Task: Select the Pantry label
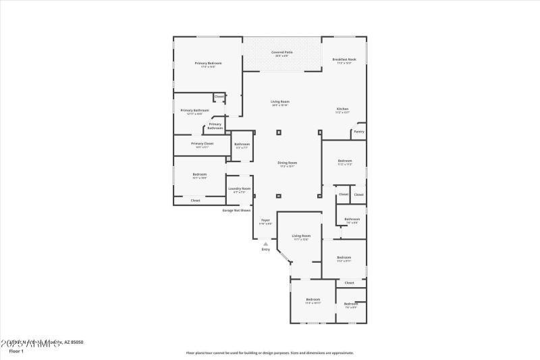pos(358,132)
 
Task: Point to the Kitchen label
pos(343,111)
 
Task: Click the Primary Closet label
pos(202,145)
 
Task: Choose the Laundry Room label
pos(239,190)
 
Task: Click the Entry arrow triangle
pos(265,244)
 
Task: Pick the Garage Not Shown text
pos(237,210)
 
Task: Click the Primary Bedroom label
pos(208,64)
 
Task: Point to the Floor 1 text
pos(16,351)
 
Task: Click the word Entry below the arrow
pos(265,250)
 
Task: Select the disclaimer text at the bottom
pos(269,353)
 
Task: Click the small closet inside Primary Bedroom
pos(219,97)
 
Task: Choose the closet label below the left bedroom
pos(195,201)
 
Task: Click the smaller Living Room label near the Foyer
pos(300,237)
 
